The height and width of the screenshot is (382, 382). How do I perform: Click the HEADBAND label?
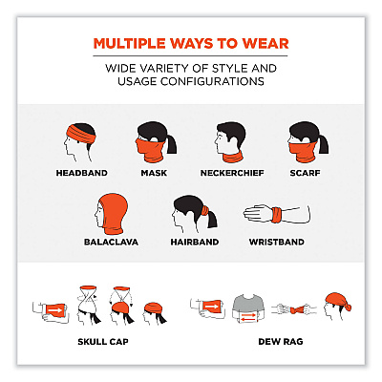tap(82, 173)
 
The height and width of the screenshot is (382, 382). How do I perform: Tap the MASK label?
tap(154, 173)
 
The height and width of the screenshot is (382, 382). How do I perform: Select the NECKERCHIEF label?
tap(232, 173)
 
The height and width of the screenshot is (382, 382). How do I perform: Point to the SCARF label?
tap(305, 173)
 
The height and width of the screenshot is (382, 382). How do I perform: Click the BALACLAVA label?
tap(111, 242)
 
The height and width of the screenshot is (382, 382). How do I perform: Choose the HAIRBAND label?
tap(195, 242)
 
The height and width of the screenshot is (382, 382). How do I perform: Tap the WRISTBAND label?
tap(277, 242)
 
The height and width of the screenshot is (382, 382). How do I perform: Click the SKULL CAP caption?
tap(103, 342)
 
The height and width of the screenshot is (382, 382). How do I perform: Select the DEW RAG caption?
tap(281, 342)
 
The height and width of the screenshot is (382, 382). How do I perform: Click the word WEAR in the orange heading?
tap(265, 44)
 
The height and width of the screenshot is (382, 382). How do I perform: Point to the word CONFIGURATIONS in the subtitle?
tap(212, 81)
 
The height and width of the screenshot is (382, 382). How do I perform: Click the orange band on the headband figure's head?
tap(81, 134)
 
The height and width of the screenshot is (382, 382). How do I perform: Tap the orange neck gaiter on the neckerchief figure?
tap(233, 157)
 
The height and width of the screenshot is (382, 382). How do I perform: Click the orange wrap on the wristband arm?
tap(277, 215)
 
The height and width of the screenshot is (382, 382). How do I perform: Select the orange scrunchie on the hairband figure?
tap(205, 210)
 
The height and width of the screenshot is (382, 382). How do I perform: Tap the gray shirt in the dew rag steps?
tap(248, 308)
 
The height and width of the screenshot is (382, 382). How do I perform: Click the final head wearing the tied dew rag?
tap(337, 307)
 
